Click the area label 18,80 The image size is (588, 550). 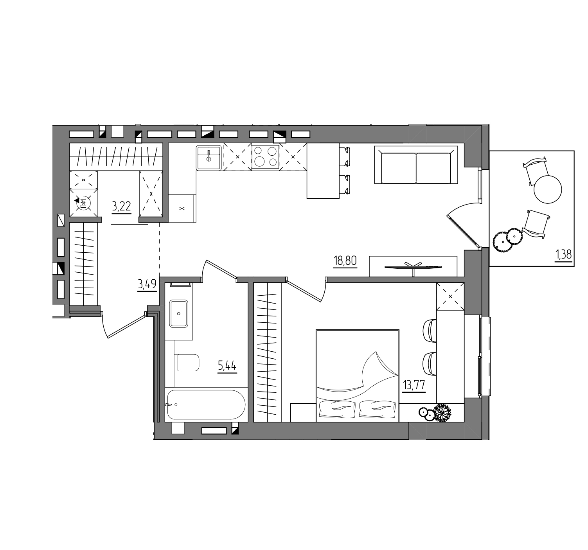click(345, 261)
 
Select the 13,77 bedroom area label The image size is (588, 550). click(414, 385)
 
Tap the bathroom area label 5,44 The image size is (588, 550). click(227, 366)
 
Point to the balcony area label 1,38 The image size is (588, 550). click(563, 254)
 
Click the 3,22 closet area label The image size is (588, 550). click(121, 206)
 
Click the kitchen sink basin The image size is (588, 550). click(209, 158)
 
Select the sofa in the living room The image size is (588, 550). click(416, 165)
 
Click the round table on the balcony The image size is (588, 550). click(548, 189)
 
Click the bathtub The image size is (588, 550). click(206, 404)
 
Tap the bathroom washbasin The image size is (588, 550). click(178, 314)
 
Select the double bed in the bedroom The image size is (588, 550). click(358, 376)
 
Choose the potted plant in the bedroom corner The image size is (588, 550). click(442, 413)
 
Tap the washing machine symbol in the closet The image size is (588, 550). click(83, 203)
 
